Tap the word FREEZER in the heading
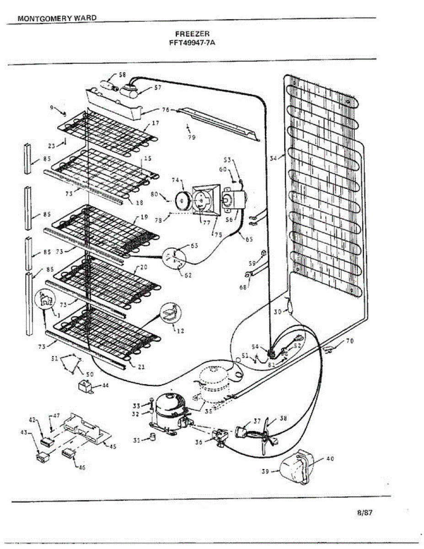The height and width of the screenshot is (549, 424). (192, 33)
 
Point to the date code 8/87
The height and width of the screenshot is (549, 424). (365, 512)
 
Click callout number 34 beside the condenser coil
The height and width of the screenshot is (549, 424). (273, 159)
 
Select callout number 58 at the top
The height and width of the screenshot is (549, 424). (122, 75)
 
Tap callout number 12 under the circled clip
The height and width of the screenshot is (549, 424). (180, 331)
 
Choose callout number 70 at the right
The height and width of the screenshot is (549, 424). (350, 341)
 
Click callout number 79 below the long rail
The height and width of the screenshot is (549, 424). (192, 137)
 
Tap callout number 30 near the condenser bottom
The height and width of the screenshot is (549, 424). (278, 312)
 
